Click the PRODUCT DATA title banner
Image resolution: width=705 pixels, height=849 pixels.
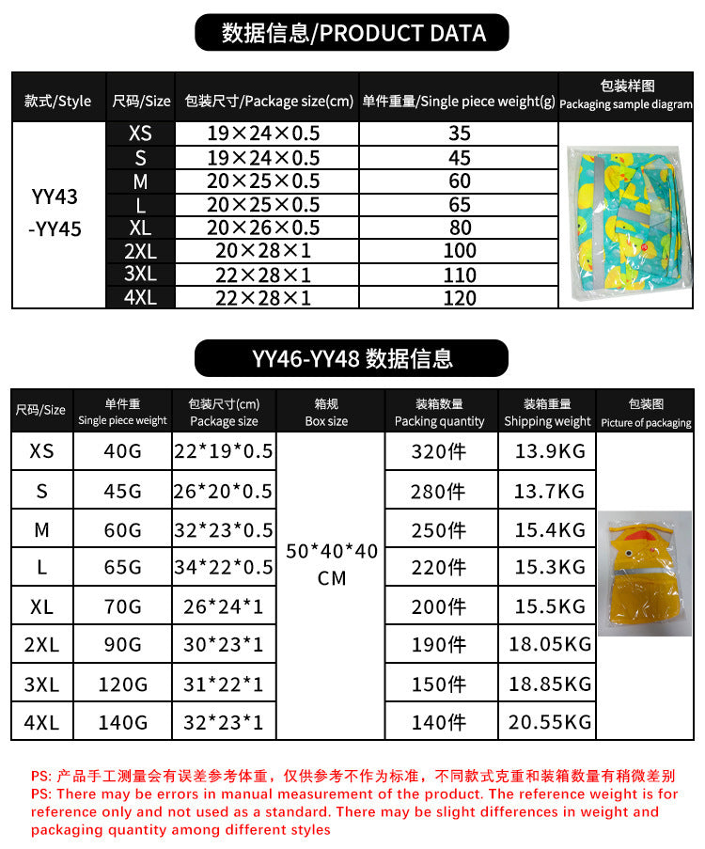pyautogui.click(x=352, y=34)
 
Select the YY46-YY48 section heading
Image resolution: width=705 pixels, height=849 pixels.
pyautogui.click(x=352, y=358)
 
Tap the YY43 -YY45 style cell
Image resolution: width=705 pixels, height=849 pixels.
pyautogui.click(x=55, y=213)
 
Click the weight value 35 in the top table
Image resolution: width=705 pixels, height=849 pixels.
pyautogui.click(x=460, y=134)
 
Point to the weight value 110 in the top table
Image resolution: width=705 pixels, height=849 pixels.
pyautogui.click(x=460, y=275)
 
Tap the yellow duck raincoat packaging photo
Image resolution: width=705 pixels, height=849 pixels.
pyautogui.click(x=645, y=574)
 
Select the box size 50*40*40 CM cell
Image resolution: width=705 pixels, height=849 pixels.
pyautogui.click(x=332, y=564)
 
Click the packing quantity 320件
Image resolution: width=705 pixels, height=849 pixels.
pyautogui.click(x=439, y=451)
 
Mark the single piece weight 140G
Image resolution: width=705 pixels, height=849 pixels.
pyautogui.click(x=123, y=722)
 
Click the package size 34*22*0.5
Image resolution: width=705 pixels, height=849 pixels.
pyautogui.click(x=224, y=567)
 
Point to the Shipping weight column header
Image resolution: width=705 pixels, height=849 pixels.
pyautogui.click(x=547, y=413)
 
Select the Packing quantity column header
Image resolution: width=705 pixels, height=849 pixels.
pyautogui.click(x=439, y=413)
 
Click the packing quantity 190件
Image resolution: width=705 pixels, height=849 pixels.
pyautogui.click(x=439, y=645)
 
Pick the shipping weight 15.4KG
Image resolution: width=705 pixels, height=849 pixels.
pyautogui.click(x=550, y=530)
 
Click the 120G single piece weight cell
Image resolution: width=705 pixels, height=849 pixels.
pyautogui.click(x=123, y=684)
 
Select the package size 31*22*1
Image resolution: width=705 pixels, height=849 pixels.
pyautogui.click(x=224, y=684)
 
